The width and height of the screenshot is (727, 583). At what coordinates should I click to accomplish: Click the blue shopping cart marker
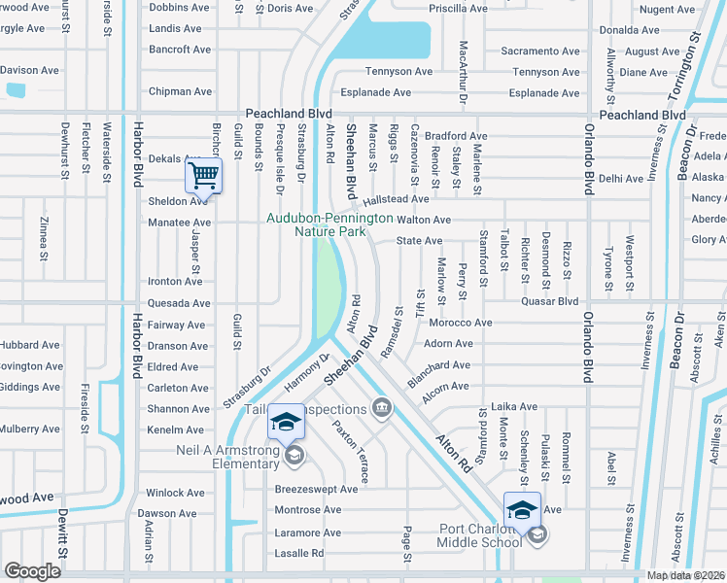tap(203, 177)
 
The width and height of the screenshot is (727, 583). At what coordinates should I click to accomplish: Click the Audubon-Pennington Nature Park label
tap(330, 225)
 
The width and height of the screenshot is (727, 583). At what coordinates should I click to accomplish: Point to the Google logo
tap(32, 571)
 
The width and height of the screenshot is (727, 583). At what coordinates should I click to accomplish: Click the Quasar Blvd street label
tap(551, 301)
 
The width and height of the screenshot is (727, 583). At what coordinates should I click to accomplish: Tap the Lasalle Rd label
tap(299, 553)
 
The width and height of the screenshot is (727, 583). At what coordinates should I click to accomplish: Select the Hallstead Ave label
tap(397, 199)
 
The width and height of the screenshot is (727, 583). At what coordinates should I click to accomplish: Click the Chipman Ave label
tap(180, 92)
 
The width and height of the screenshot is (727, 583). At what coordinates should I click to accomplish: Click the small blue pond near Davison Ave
tap(15, 90)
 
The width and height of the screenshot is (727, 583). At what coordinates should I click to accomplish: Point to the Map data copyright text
tap(686, 575)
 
